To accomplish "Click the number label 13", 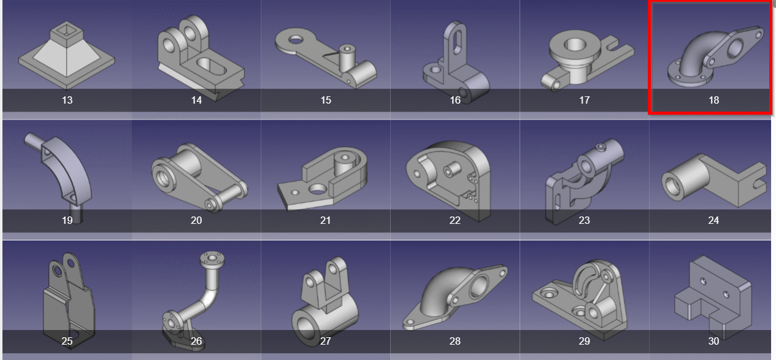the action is tap(67, 100).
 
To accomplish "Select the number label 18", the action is tap(713, 100).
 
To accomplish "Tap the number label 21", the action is tap(325, 220).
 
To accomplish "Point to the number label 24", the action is tap(713, 220).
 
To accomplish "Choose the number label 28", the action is tap(455, 341).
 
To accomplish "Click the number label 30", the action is tap(713, 341).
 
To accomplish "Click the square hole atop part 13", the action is tap(67, 30).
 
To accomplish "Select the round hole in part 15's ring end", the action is tap(296, 39).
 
